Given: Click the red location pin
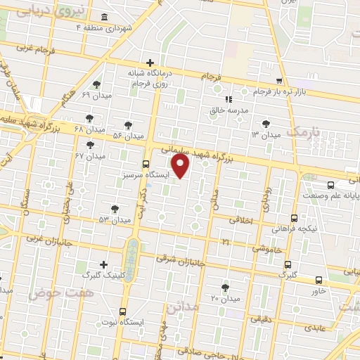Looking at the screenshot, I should [181, 166].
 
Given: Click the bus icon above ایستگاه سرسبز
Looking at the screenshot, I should [146, 164].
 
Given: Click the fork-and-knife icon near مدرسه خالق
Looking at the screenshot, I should [228, 99].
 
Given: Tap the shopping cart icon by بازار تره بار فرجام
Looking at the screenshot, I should [280, 81].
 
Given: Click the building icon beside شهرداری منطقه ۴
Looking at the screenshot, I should [105, 17].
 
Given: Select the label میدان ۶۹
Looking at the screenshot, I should [96, 95].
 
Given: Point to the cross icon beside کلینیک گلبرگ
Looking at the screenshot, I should [105, 265].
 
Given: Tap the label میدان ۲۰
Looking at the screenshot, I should [225, 300].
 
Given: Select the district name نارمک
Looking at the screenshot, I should [303, 132].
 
